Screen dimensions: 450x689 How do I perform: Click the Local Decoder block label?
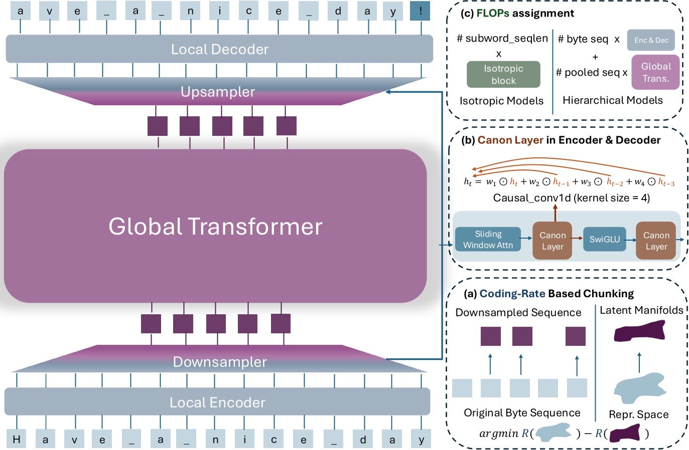click(219, 49)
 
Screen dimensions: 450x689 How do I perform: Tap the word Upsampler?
click(218, 92)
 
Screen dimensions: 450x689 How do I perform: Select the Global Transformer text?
click(215, 227)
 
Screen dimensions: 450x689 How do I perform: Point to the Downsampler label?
click(219, 362)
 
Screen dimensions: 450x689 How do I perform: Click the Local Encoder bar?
click(217, 402)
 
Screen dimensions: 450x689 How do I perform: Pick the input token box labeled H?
click(16, 439)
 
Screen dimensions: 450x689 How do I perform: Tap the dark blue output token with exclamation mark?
click(420, 11)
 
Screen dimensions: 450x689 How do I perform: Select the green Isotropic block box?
click(503, 75)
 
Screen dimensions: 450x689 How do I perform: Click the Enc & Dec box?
click(651, 40)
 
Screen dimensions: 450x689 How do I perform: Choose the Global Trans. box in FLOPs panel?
click(655, 72)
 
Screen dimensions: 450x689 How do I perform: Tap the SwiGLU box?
click(604, 240)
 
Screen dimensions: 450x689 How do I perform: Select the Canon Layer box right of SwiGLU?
click(656, 241)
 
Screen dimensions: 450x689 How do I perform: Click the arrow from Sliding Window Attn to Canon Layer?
click(525, 239)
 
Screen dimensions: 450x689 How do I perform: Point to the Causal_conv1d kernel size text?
click(571, 198)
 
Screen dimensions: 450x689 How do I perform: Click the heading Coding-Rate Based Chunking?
click(556, 294)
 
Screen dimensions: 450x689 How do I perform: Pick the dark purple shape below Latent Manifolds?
click(640, 331)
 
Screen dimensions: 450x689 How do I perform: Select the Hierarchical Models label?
click(612, 100)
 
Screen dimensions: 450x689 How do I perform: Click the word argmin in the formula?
click(498, 433)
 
